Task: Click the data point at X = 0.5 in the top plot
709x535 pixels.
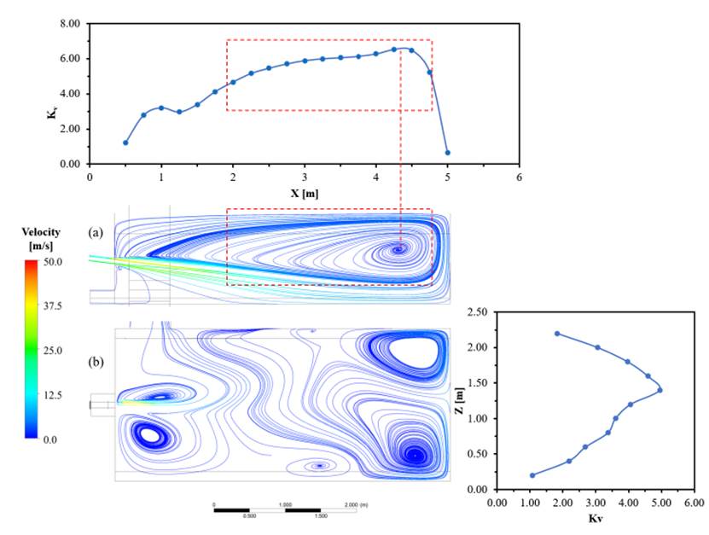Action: coord(125,142)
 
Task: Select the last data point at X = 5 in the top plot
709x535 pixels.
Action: coord(447,153)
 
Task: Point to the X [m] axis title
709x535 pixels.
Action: coord(304,193)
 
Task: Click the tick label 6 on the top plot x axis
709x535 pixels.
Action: coord(519,178)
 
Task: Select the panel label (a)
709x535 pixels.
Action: coord(100,231)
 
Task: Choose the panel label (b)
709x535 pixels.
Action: coord(100,361)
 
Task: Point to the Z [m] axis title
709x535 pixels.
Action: coord(461,401)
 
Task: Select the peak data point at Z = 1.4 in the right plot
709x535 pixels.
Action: coord(660,390)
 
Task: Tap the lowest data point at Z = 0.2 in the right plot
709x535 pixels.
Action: coord(532,475)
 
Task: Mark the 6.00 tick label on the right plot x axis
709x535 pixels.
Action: coord(693,503)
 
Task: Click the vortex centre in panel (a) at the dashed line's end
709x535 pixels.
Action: coord(399,250)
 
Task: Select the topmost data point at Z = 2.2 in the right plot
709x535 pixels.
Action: coord(557,334)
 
